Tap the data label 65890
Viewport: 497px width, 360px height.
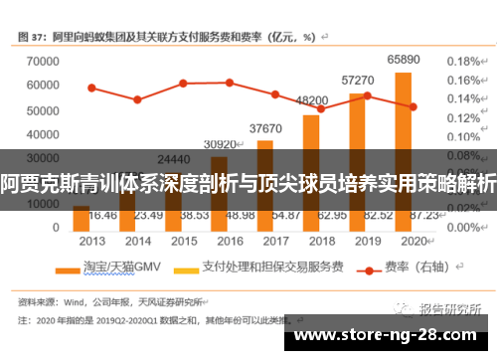coord(403,60)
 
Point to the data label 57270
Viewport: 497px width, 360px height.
coord(357,80)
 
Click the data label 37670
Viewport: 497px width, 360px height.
coord(265,128)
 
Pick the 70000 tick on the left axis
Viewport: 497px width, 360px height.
coord(42,61)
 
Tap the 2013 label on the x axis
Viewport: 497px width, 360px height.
coord(92,241)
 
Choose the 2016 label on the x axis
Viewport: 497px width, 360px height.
coord(230,241)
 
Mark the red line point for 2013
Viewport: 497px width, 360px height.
coord(91,88)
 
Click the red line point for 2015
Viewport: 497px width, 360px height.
coord(183,83)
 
